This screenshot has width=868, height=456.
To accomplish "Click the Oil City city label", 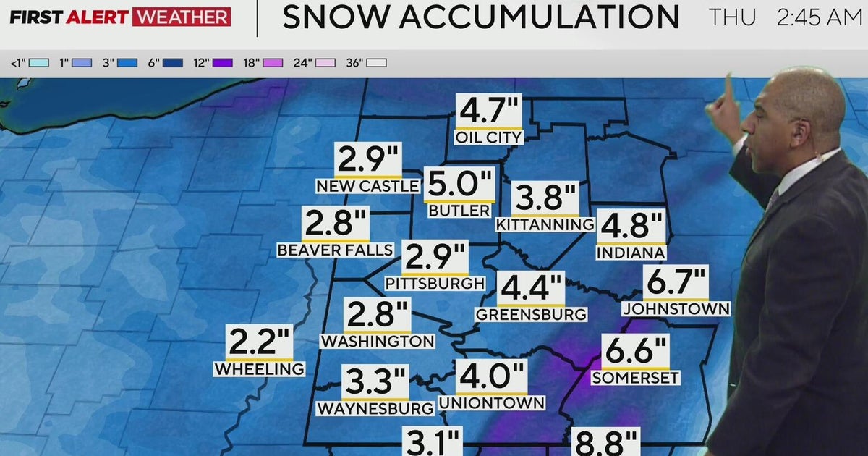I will [488, 137].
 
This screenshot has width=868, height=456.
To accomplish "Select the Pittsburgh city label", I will [435, 283].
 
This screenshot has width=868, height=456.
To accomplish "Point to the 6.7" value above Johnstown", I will [676, 282].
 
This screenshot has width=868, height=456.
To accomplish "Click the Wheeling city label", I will [259, 368].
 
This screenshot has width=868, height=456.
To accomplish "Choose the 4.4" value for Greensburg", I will [530, 289].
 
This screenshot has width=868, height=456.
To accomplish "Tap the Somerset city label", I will [635, 378].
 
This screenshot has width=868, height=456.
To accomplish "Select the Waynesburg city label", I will [375, 408].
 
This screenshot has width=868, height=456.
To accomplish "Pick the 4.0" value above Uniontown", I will [490, 377].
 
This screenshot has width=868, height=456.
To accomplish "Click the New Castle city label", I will [368, 186].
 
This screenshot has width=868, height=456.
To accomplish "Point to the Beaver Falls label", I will [335, 250].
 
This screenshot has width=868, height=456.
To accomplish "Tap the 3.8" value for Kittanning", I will [545, 199].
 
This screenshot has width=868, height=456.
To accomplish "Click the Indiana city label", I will [630, 253].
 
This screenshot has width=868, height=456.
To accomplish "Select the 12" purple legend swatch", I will [223, 63].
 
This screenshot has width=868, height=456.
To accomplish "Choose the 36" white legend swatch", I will [377, 63].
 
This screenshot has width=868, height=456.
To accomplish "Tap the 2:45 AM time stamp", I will [819, 17].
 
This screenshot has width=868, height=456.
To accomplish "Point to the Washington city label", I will [378, 341].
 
